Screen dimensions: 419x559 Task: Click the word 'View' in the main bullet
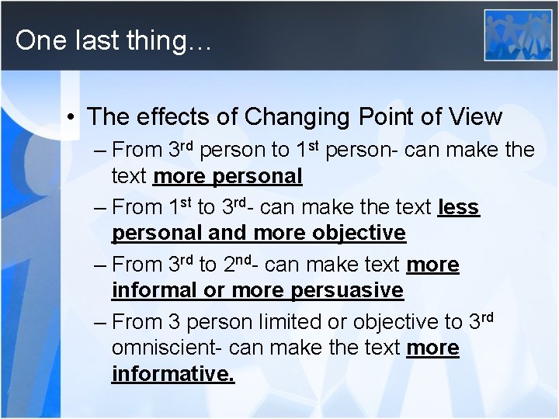point(475,117)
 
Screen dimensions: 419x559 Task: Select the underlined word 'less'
point(459,207)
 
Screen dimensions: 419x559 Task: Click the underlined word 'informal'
point(155,290)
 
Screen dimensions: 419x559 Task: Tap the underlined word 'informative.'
point(173,374)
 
